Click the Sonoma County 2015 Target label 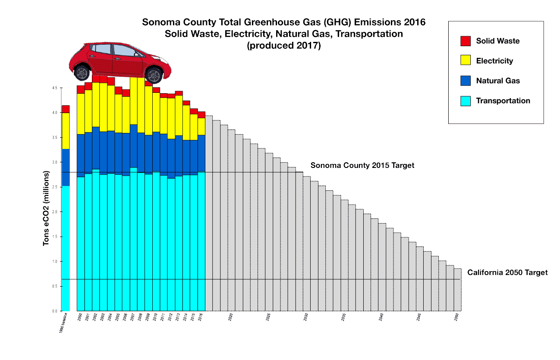[x=362, y=165]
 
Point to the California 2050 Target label [x=507, y=272]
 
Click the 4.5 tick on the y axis [x=55, y=88]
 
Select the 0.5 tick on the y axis [x=55, y=286]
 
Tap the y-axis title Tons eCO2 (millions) [x=46, y=208]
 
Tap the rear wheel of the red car [x=82, y=72]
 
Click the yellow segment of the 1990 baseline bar [x=66, y=131]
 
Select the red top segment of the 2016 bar [x=201, y=115]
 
